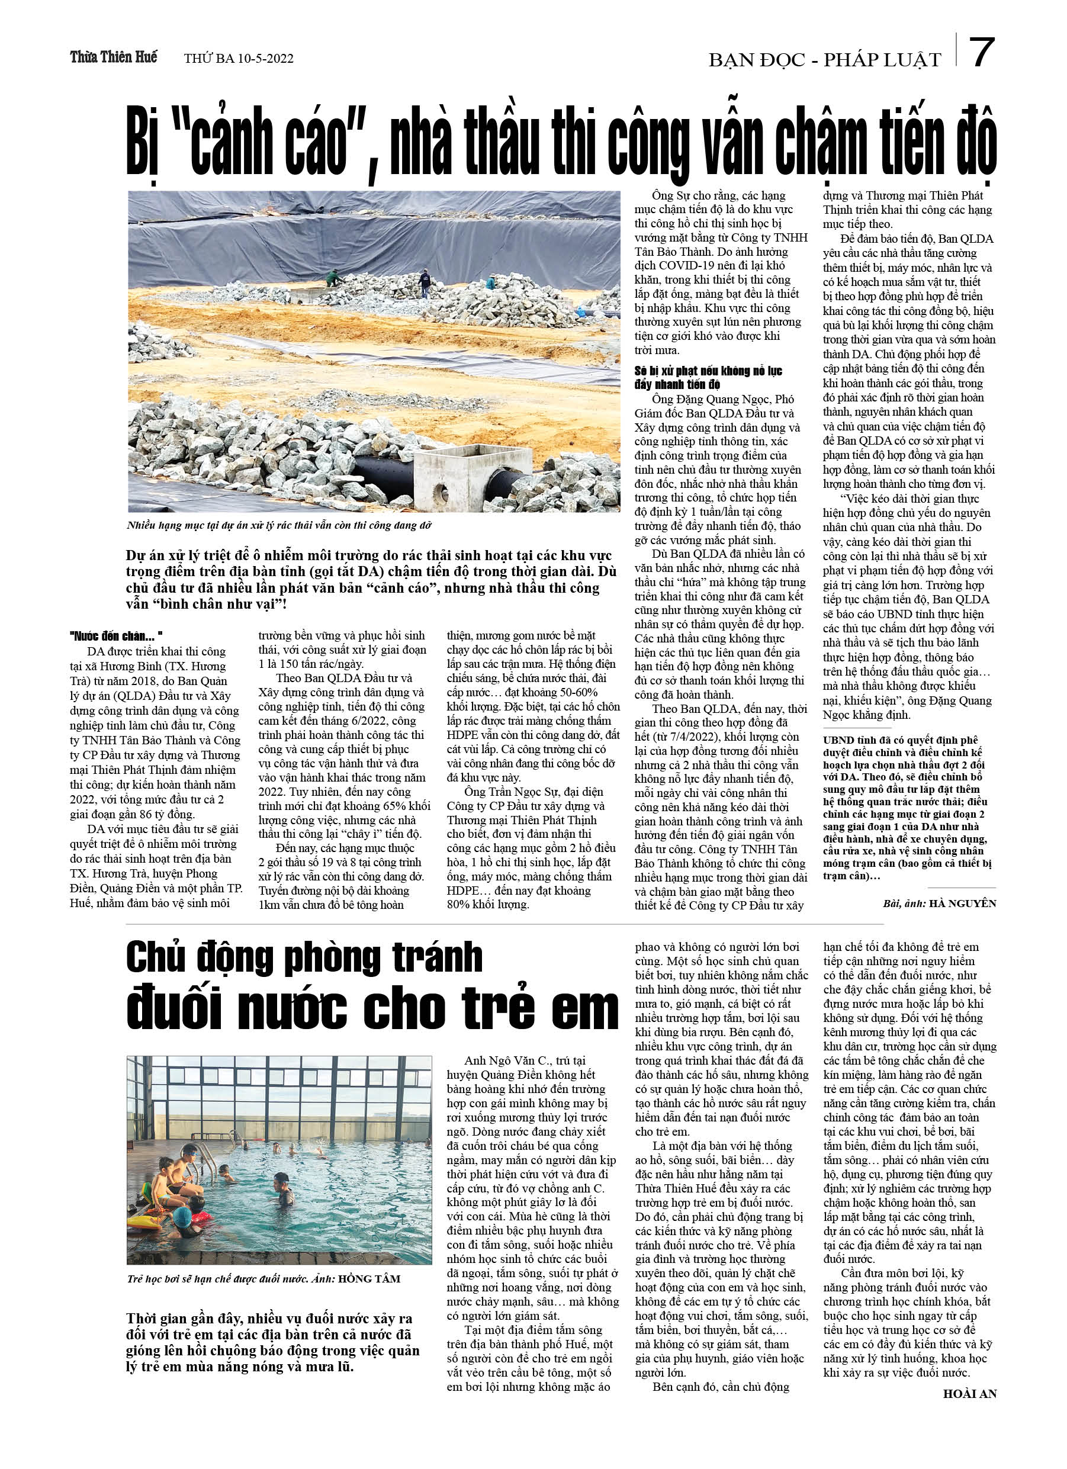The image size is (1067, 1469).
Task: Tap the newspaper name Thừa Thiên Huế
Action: point(113,57)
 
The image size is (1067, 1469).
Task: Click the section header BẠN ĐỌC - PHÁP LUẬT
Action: point(824,60)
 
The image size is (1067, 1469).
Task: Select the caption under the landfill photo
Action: point(278,525)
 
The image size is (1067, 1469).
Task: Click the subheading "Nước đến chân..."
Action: point(116,636)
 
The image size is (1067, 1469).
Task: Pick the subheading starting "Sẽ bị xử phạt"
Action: point(708,378)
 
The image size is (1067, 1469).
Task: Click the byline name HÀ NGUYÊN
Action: point(962,903)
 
